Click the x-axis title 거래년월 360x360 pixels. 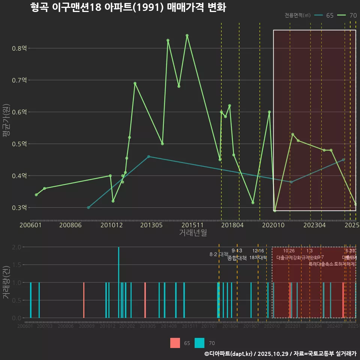193,233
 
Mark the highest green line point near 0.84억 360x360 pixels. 187,36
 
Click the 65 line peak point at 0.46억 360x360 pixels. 148,156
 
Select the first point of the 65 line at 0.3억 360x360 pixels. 88,207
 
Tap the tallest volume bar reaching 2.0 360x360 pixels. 118,282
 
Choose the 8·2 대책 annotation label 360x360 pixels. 219,254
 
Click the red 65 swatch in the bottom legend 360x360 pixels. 175,343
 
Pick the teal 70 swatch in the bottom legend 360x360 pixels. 200,343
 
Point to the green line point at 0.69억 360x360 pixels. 135,83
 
